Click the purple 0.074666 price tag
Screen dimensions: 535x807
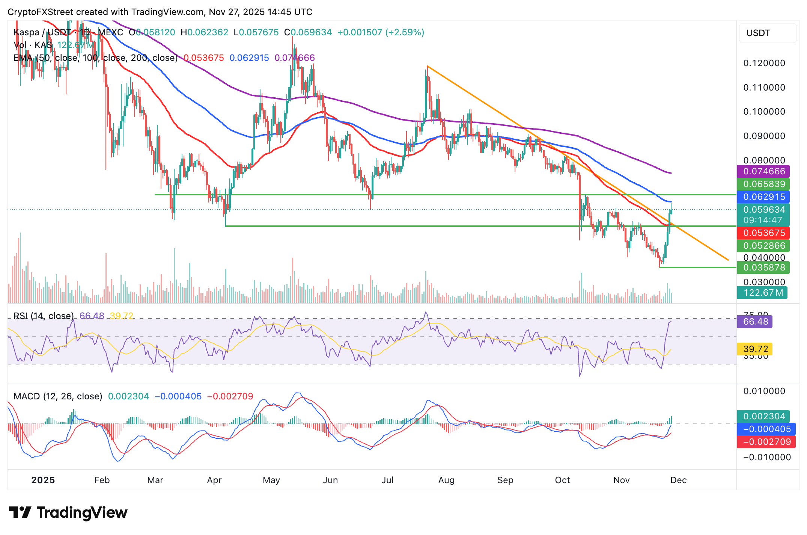point(763,171)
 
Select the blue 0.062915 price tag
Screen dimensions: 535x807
point(763,197)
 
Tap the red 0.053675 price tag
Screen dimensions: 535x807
point(763,233)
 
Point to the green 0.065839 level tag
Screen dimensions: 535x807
point(763,184)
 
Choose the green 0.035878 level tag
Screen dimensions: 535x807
point(763,267)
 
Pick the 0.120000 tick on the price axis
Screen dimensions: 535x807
point(764,63)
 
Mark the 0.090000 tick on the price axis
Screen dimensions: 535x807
point(764,136)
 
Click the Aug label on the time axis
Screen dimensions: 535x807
point(446,480)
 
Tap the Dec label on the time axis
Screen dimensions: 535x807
point(679,480)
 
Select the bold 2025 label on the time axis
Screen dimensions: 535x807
point(43,480)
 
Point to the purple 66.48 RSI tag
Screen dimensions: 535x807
point(755,322)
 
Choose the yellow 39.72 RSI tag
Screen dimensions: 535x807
point(755,349)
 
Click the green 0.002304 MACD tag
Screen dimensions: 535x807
point(763,416)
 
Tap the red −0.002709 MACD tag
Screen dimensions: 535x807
point(763,442)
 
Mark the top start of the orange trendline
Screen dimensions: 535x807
point(428,66)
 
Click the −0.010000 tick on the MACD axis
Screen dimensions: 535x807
point(764,457)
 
